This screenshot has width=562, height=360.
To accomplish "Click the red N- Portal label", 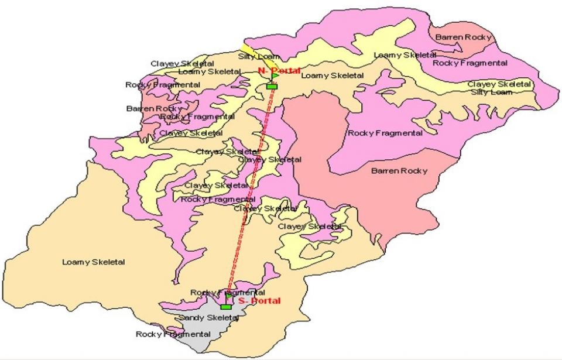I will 279,71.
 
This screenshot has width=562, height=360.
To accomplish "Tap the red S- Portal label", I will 259,301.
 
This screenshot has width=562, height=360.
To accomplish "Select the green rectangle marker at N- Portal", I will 271,86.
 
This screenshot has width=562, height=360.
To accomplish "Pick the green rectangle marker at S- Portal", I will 226,307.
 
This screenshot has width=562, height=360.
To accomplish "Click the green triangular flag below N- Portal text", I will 275,76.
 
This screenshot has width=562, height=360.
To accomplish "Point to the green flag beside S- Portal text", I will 229,296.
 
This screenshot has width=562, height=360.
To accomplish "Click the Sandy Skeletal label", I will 208,317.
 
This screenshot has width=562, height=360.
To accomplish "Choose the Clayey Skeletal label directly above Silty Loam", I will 499,84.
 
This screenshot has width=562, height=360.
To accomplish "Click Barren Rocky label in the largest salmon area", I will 399,171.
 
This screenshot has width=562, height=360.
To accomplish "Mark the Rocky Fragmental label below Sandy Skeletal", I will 173,334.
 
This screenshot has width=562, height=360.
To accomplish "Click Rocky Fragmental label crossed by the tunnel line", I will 228,292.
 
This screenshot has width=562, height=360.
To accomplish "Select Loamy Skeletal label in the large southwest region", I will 94,262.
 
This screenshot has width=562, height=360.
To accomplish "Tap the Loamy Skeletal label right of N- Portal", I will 332,76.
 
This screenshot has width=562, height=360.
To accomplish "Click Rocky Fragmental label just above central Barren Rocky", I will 385,133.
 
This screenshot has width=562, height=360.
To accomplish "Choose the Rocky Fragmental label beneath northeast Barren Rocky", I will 470,63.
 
